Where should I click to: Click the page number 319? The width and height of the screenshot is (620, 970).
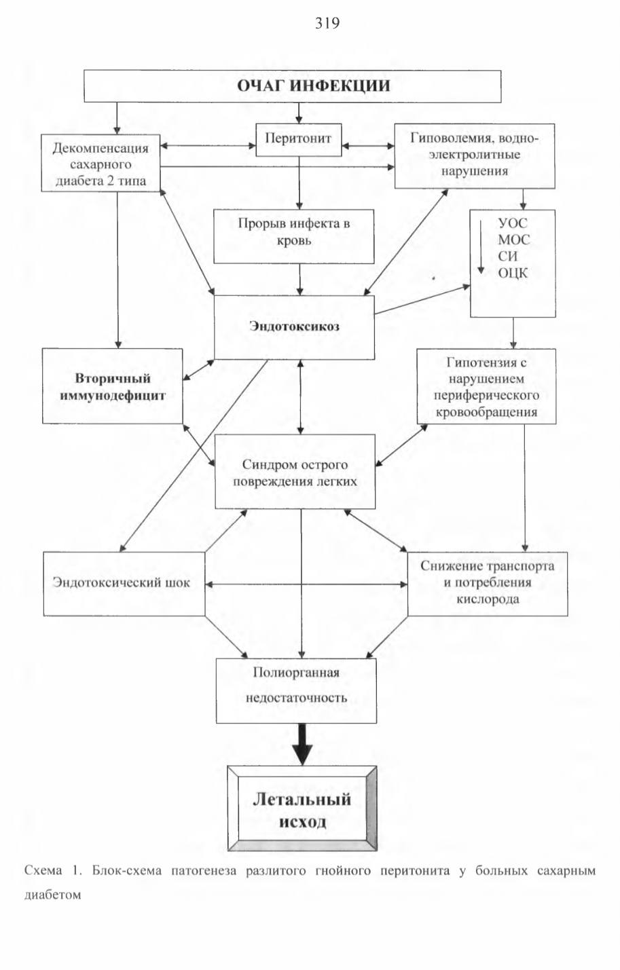(x=327, y=22)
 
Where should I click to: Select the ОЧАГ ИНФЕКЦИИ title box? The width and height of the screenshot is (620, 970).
(x=293, y=86)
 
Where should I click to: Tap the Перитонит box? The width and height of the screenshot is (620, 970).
(x=299, y=140)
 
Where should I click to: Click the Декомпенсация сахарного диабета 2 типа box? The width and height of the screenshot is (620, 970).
(x=101, y=163)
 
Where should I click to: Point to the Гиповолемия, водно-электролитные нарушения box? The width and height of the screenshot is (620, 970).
(x=475, y=156)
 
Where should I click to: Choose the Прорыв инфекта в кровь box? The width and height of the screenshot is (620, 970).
(x=294, y=236)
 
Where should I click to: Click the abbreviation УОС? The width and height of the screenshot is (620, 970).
(x=513, y=223)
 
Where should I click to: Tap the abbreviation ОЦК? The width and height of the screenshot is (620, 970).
(x=513, y=274)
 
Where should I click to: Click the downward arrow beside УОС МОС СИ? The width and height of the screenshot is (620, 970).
(x=481, y=247)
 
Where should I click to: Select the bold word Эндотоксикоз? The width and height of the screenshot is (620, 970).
(x=294, y=326)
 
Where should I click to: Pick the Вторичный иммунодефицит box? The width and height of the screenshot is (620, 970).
(x=113, y=386)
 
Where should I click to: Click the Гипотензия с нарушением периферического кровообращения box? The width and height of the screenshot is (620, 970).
(x=486, y=386)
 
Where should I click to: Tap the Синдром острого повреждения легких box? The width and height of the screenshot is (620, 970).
(x=295, y=472)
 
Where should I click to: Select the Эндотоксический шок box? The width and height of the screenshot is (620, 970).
(x=124, y=583)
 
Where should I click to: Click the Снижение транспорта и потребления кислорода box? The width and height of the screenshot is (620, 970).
(x=488, y=583)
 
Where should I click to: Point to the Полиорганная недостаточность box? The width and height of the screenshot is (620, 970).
(x=296, y=691)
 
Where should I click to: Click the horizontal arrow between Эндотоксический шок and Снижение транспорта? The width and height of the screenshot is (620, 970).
(x=306, y=584)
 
